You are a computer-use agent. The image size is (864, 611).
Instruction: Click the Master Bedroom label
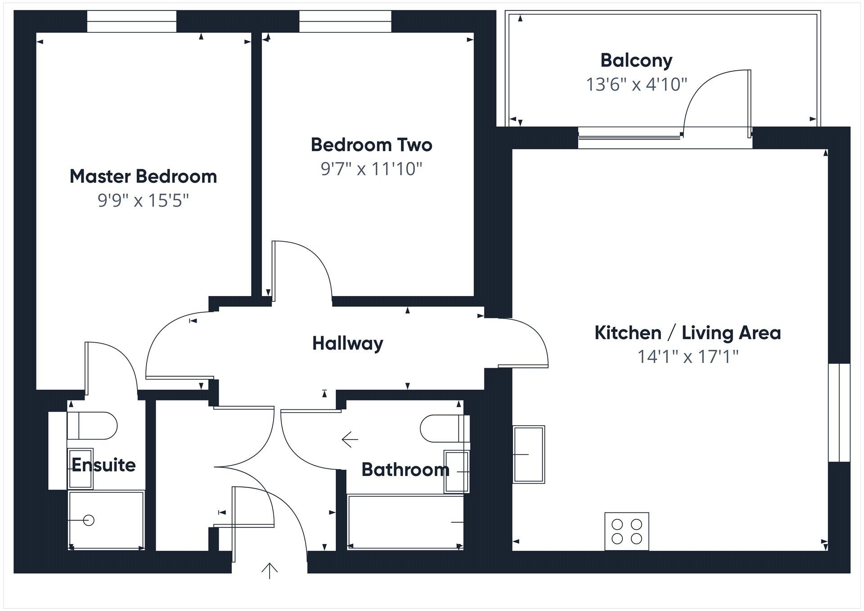tap(143, 176)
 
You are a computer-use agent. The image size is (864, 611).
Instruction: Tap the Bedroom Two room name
tap(371, 145)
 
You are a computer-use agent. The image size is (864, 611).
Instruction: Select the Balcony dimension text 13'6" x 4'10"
tap(636, 85)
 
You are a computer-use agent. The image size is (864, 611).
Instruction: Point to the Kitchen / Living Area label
tap(688, 333)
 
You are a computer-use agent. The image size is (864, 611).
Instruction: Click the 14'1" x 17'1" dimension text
tap(688, 357)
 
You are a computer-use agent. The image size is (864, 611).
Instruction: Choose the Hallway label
tap(347, 343)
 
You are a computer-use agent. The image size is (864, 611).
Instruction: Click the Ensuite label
tap(103, 465)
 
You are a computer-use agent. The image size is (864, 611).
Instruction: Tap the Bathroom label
tap(405, 470)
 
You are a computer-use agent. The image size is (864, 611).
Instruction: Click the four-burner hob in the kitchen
tap(626, 531)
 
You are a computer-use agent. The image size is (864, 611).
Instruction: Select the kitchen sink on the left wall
tap(529, 454)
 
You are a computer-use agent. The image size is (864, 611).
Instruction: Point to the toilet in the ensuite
tap(92, 426)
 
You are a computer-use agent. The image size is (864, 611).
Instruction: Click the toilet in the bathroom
tap(443, 428)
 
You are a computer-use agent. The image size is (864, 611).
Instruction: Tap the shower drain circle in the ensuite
tap(89, 521)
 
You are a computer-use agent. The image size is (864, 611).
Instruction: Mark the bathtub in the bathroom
tap(405, 522)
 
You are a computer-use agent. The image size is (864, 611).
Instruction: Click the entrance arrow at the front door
tap(269, 571)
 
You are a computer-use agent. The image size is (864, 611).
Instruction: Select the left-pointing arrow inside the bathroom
tap(350, 439)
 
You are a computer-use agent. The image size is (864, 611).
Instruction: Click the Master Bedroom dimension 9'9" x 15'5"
tap(143, 201)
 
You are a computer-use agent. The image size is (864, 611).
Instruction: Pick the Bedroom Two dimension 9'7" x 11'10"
tap(371, 169)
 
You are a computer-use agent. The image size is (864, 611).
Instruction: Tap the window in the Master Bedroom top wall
tap(131, 21)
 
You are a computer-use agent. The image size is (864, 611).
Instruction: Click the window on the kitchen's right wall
tap(839, 413)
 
